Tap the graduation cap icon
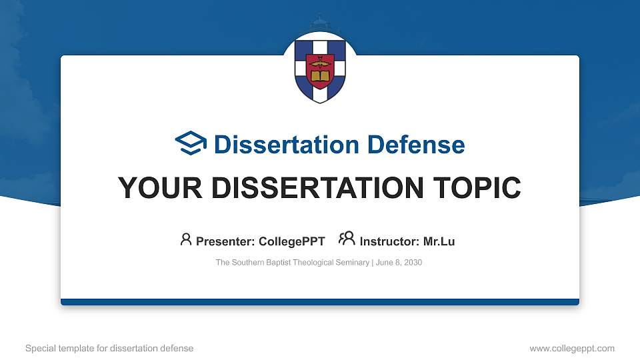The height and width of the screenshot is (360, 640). (x=191, y=144)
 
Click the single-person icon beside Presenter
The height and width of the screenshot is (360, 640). (x=186, y=239)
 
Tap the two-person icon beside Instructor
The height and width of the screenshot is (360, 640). (x=347, y=239)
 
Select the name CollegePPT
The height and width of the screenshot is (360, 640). (x=292, y=241)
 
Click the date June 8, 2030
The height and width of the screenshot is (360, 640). (x=399, y=263)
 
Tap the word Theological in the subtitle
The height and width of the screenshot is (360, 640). (x=317, y=263)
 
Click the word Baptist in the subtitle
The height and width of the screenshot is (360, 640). (x=279, y=263)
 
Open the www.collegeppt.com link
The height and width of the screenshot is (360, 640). (x=571, y=348)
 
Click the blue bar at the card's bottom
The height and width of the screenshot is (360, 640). (x=320, y=302)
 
